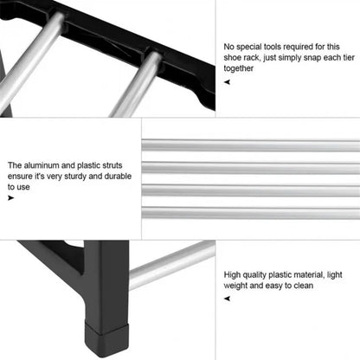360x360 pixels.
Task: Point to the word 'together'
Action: (x=241, y=68)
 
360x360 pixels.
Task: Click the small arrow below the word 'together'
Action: (x=227, y=82)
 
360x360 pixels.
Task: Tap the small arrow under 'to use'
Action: (x=11, y=198)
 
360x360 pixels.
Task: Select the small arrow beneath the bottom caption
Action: (x=227, y=298)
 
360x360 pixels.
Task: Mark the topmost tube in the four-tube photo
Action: (x=251, y=146)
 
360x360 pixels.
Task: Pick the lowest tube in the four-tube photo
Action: (x=251, y=213)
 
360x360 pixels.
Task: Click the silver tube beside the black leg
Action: (x=173, y=264)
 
